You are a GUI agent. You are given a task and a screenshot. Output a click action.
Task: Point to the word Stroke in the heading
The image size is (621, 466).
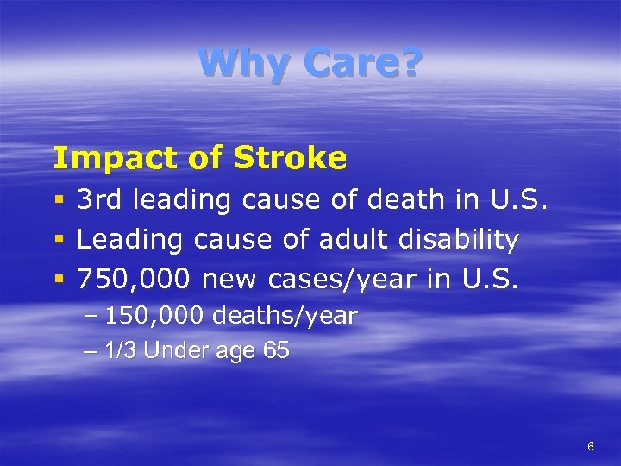click(x=291, y=158)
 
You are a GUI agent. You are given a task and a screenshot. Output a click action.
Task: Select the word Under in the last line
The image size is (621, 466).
click(x=175, y=351)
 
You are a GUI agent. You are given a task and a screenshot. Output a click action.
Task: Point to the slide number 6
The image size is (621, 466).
click(x=590, y=446)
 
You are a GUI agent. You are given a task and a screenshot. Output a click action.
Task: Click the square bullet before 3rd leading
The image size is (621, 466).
click(x=58, y=201)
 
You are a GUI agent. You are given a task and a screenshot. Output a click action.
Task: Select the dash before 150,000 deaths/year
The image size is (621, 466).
click(x=91, y=317)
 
